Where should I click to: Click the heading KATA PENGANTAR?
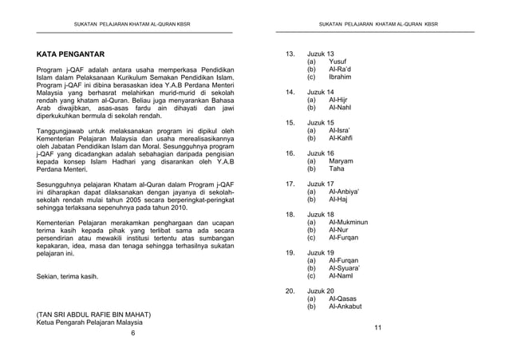point(71,55)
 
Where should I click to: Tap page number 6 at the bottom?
point(133,333)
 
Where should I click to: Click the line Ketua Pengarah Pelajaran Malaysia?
point(91,323)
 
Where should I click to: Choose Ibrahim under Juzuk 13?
point(340,77)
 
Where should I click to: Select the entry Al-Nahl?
point(341,109)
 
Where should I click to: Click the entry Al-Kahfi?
point(342,139)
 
